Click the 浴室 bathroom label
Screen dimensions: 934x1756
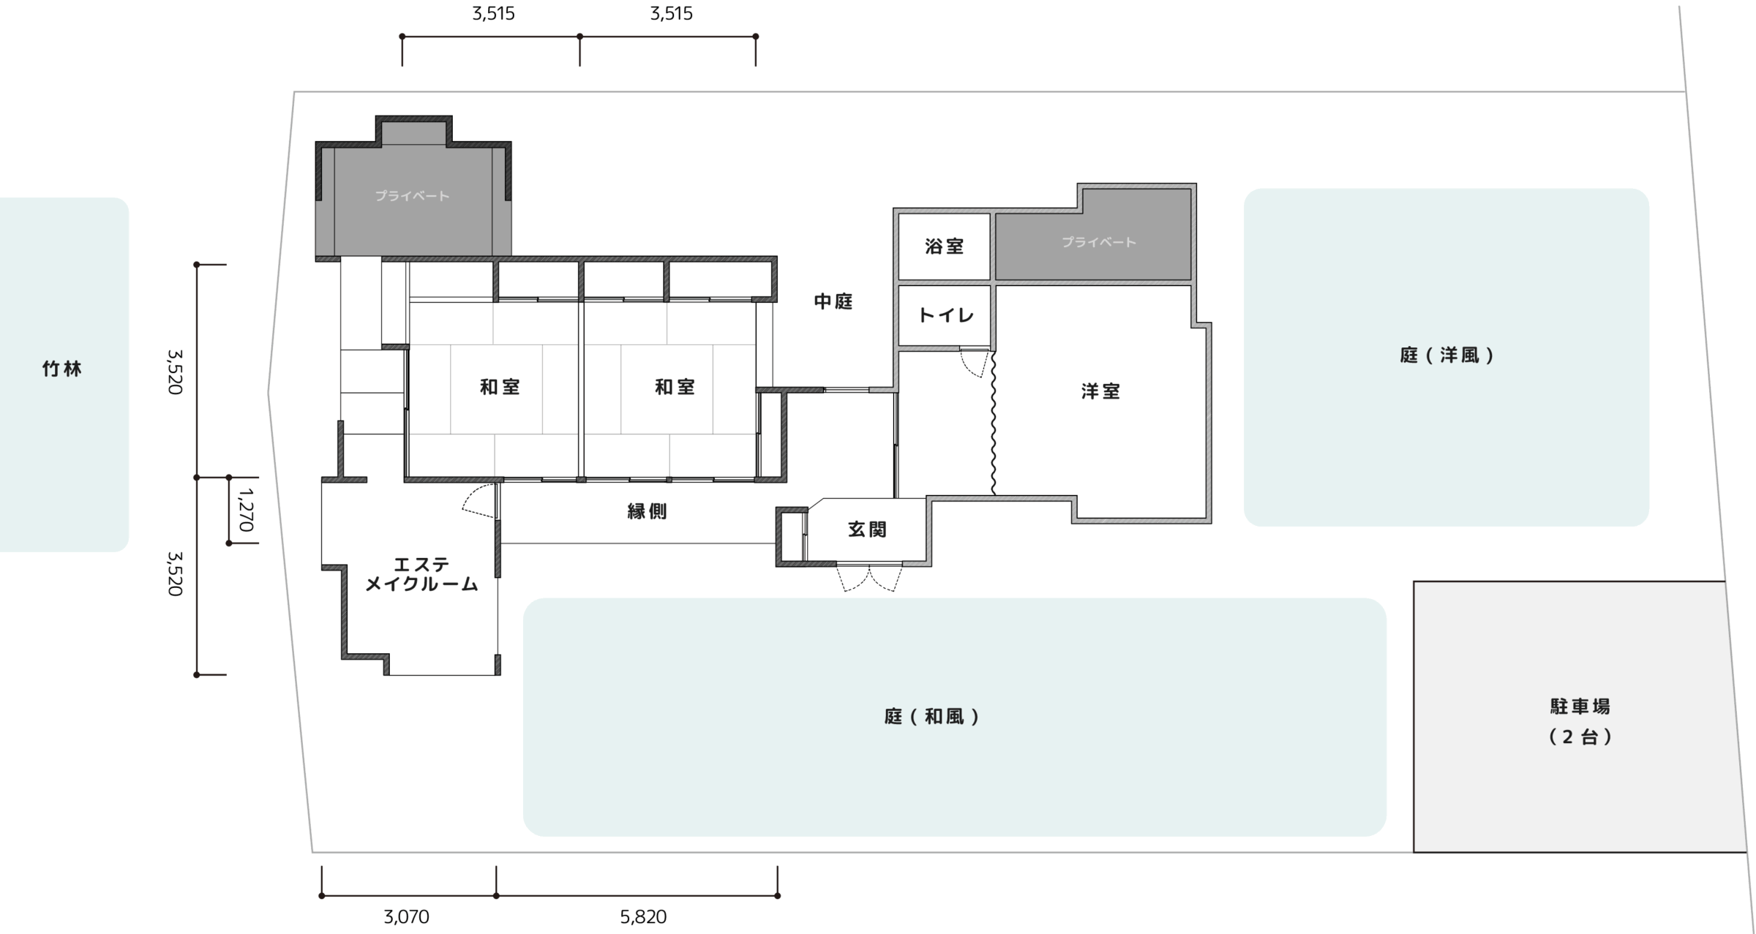coord(944,246)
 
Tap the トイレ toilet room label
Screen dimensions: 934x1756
coord(945,315)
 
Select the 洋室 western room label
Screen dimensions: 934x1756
coord(1100,391)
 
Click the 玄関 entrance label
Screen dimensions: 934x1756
coord(867,530)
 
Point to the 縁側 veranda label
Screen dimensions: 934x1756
coord(647,511)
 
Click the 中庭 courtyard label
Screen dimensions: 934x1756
coord(833,301)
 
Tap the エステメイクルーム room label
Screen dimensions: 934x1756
coord(421,574)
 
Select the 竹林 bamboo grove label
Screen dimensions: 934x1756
coord(61,369)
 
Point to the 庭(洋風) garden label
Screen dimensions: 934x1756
coord(1446,355)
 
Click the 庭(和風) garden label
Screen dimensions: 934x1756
coord(931,717)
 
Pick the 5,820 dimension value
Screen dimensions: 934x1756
coord(643,916)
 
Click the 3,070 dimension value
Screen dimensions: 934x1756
coord(406,916)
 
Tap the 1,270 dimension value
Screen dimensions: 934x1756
coord(246,510)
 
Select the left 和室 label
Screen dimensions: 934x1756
coord(500,387)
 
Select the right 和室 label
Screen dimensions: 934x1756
coord(675,387)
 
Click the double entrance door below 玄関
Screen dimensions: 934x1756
coord(869,578)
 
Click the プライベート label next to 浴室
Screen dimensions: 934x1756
coord(1098,242)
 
